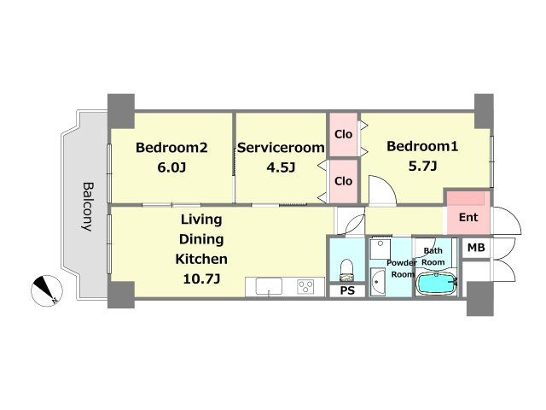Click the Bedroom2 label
[171, 148]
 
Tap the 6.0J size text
[171, 167]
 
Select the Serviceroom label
[281, 148]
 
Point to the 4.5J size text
[281, 167]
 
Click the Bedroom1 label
[422, 146]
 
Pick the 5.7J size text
[422, 167]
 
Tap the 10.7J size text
[201, 279]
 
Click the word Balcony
[88, 207]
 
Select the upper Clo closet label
[343, 134]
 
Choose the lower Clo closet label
[343, 181]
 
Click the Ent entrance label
[468, 218]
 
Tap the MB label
[476, 248]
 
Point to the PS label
[347, 290]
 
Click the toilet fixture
[346, 270]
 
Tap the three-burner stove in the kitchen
[306, 287]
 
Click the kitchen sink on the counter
[269, 287]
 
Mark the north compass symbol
[47, 290]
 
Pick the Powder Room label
[402, 268]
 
